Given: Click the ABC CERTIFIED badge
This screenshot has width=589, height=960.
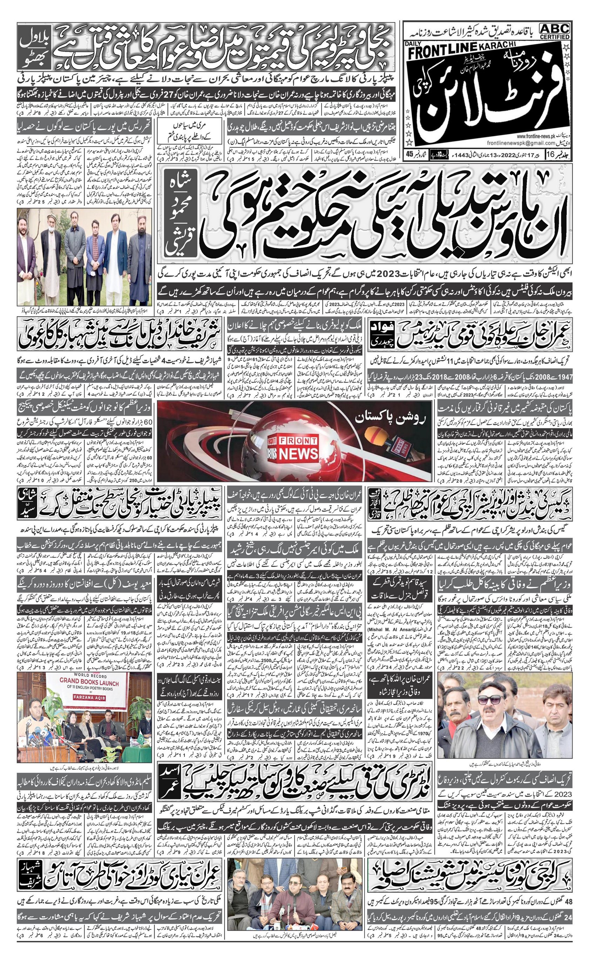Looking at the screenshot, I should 555,31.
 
